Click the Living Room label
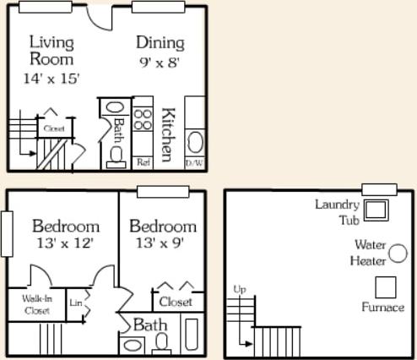coord(51,50)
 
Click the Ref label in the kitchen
coord(143,161)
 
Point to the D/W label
coord(195,161)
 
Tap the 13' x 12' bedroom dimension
coord(65,243)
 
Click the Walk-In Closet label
coord(36,304)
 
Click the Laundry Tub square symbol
coord(376,210)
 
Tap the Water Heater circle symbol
coord(398,253)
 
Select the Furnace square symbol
coord(385,287)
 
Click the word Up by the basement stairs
coord(240,290)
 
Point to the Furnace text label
coord(382,308)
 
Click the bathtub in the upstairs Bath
coord(192,335)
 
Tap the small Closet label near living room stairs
coord(54,129)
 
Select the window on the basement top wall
coord(379,189)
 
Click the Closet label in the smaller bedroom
coord(175,302)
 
